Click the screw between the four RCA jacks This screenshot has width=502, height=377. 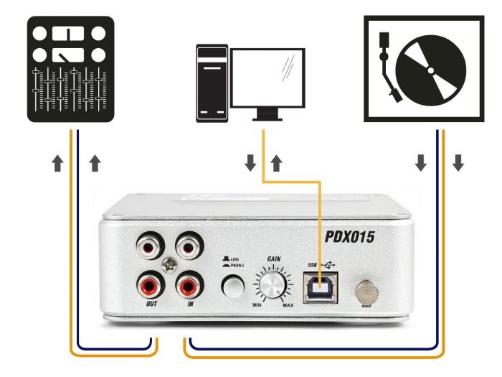pyautogui.click(x=169, y=265)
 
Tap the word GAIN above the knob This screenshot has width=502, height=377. pyautogui.click(x=273, y=256)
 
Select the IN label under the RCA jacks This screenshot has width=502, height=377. pyautogui.click(x=190, y=304)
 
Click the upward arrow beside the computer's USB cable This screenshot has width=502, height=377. pyautogui.click(x=275, y=164)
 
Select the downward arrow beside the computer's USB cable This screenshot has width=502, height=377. pyautogui.click(x=250, y=164)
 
